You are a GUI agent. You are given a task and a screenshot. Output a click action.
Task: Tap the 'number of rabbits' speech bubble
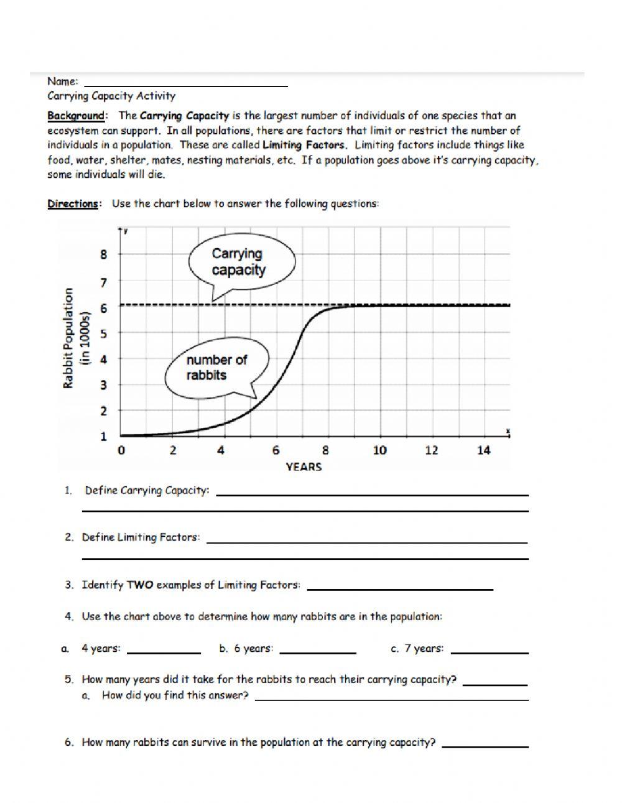pos(216,368)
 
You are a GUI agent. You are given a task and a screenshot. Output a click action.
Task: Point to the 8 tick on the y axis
pos(104,254)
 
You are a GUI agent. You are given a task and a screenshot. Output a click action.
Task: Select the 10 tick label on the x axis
pos(379,450)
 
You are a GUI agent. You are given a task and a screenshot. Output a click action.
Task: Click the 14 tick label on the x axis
pos(483,450)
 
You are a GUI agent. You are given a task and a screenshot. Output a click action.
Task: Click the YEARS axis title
pos(304,467)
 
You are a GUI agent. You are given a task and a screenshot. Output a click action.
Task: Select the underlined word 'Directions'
pos(73,204)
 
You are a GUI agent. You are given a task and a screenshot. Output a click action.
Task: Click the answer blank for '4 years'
pos(164,650)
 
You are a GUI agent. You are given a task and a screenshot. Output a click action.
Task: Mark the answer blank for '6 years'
pos(318,650)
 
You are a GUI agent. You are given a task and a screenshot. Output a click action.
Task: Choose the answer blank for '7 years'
pos(490,650)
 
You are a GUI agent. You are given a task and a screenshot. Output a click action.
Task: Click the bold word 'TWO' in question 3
pos(140,585)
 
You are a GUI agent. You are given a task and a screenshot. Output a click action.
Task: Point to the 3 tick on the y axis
pos(104,385)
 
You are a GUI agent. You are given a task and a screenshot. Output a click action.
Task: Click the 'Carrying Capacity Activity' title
pos(111,96)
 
